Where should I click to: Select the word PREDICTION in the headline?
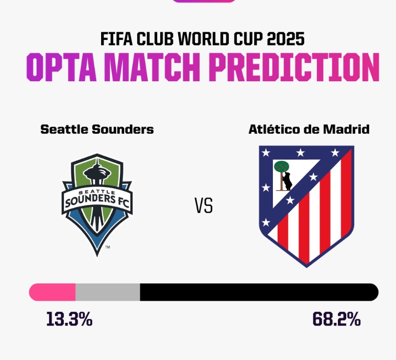293,67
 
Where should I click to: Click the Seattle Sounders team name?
97,129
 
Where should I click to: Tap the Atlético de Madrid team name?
309,129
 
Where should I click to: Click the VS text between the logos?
204,206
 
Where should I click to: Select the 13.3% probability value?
69,319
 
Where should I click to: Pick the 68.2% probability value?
337,319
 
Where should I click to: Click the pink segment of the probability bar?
52,292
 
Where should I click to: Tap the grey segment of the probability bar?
108,292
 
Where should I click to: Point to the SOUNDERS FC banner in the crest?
97,200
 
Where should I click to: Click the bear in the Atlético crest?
287,181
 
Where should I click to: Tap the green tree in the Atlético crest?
282,167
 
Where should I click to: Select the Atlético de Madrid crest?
306,204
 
